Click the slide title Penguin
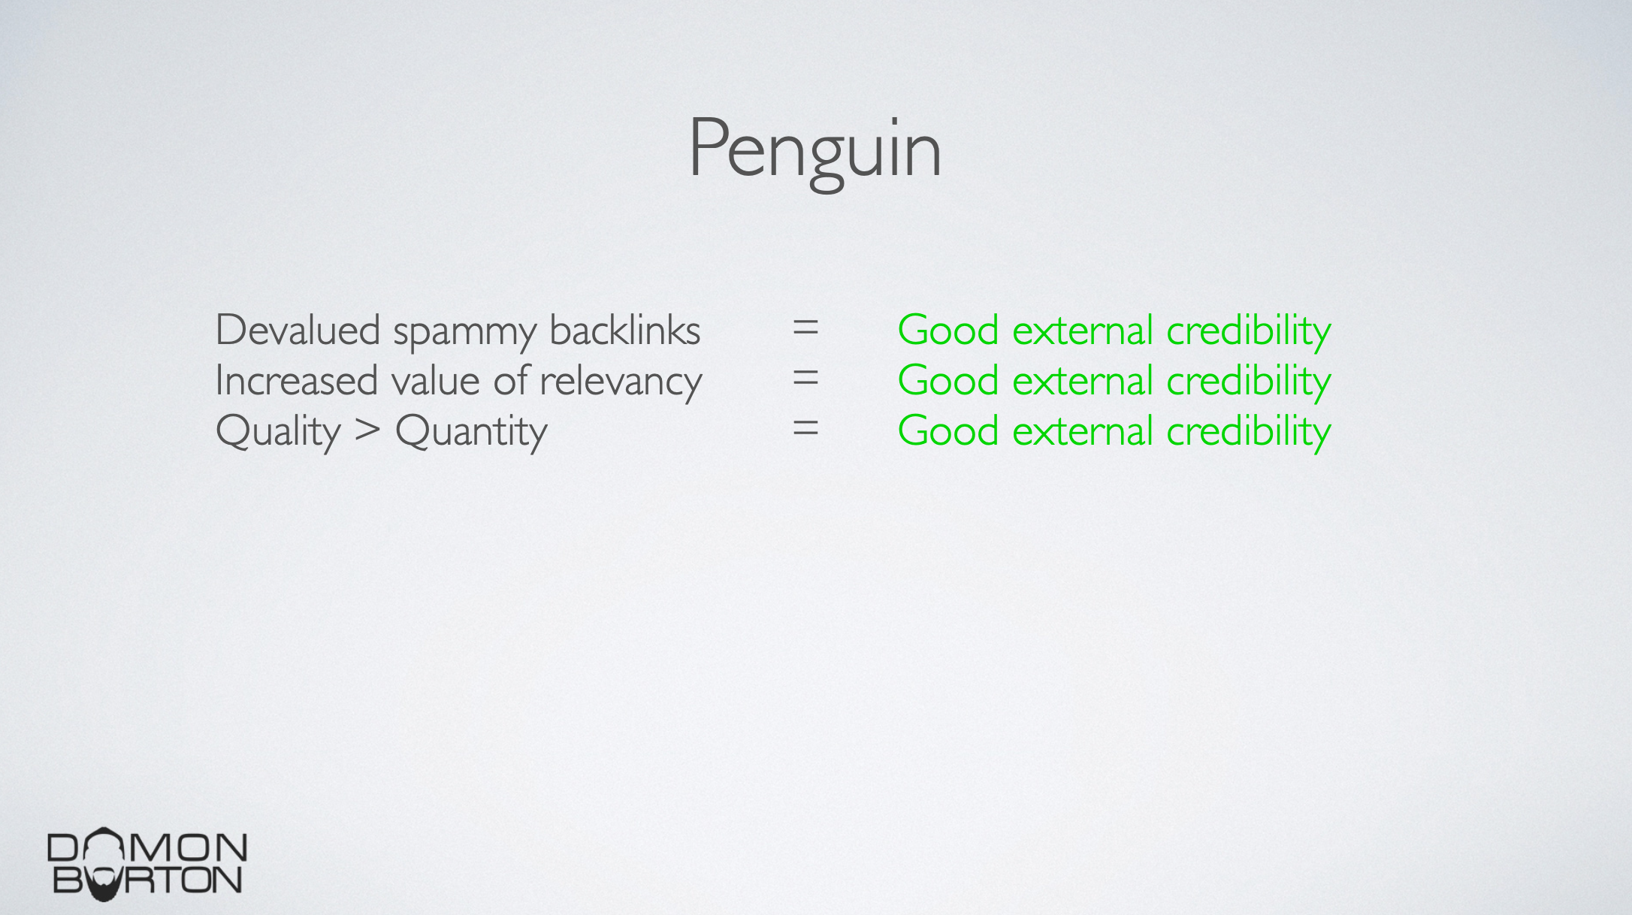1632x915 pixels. (814, 150)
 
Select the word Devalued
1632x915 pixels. (298, 330)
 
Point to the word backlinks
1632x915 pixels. (625, 330)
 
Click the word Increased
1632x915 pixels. (296, 380)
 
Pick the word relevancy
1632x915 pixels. (621, 382)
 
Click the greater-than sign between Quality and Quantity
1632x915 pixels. (367, 431)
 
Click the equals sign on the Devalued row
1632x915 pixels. (805, 329)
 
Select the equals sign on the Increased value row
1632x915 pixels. (805, 379)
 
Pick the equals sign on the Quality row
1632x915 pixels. (805, 430)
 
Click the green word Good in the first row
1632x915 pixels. (948, 330)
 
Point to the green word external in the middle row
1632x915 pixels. (1083, 380)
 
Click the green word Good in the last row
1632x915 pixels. (948, 430)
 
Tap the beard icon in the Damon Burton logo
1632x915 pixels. (104, 884)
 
